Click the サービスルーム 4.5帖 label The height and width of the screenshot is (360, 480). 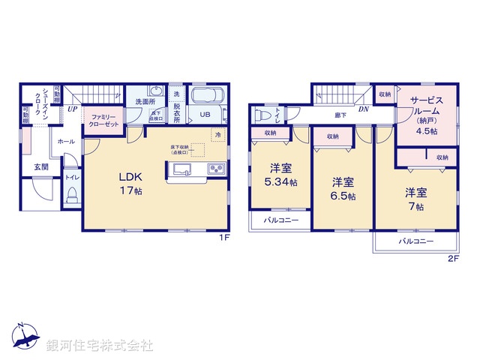coord(425,113)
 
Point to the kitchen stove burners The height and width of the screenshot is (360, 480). coord(216,168)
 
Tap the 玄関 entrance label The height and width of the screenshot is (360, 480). coord(40,166)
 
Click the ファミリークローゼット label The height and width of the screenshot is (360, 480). coord(102,121)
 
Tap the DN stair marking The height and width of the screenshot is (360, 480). coord(363,109)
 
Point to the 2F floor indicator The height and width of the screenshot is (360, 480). coord(452,259)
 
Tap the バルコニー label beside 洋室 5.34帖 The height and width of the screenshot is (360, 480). coord(280,220)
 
